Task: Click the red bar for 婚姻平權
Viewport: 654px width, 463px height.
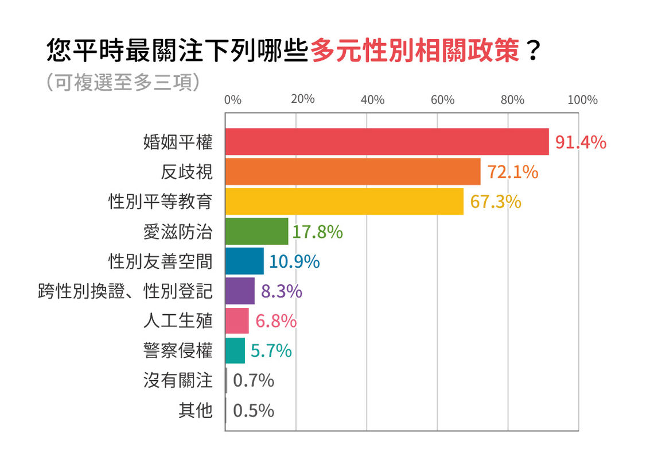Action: pos(387,142)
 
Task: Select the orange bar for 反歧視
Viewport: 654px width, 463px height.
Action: pos(353,172)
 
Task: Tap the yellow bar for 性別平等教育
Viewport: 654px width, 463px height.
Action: pos(345,202)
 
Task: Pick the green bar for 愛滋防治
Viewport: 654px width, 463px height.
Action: pos(257,232)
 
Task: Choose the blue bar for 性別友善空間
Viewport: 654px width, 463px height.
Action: pos(245,261)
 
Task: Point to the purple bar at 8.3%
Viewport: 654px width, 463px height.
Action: pos(240,291)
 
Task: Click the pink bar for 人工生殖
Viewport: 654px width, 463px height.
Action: pos(238,321)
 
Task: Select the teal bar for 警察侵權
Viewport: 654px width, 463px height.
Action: pos(235,350)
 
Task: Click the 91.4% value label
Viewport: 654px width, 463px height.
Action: pos(581,142)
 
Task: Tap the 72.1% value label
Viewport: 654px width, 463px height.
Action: pos(513,172)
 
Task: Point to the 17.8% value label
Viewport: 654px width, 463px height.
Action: pos(317,232)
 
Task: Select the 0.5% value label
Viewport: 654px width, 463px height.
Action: pos(254,411)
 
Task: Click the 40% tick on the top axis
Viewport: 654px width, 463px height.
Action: pos(372,100)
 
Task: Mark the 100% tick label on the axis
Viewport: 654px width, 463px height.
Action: pos(582,100)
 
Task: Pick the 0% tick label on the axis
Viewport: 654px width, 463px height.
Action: pos(233,100)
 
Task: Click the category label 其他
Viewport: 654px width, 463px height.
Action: pos(196,410)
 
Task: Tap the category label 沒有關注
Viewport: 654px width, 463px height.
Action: pos(178,380)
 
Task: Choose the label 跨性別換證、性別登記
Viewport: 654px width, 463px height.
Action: pos(126,291)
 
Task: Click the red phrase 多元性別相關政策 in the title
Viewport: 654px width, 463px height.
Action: pos(415,51)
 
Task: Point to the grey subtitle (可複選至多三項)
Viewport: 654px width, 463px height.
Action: pos(123,82)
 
